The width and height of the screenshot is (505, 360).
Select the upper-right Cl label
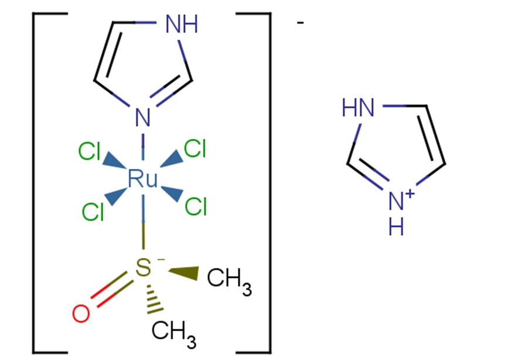tap(195, 150)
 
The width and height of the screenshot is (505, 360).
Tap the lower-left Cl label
tap(93, 211)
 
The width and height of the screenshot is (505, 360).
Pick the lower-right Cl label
tap(196, 206)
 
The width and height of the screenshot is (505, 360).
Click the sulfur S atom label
tap(142, 269)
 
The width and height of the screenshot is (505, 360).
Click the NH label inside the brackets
tap(182, 25)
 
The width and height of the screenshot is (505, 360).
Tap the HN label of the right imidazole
tap(357, 107)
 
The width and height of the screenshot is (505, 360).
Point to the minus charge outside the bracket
tap(300, 23)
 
